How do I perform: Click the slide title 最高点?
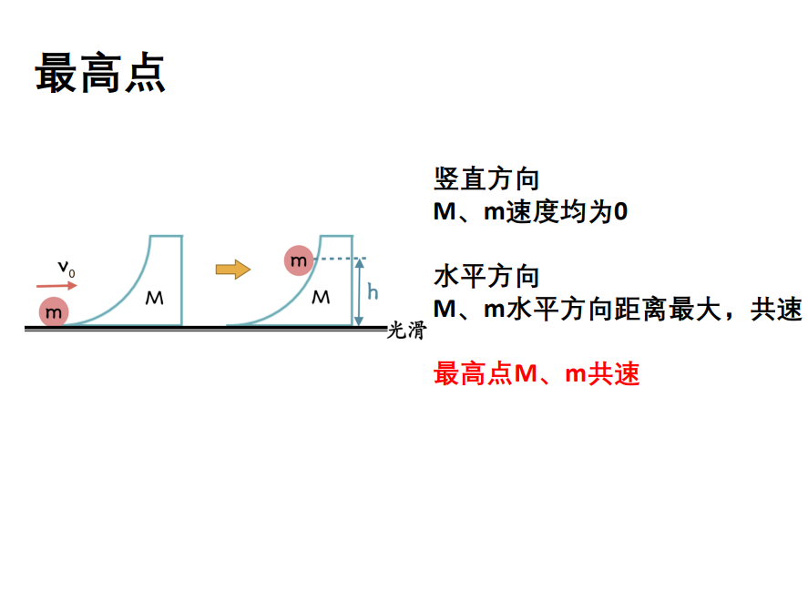click(x=100, y=73)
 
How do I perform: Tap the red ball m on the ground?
click(x=54, y=311)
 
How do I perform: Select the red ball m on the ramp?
click(x=299, y=260)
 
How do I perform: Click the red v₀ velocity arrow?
click(x=56, y=285)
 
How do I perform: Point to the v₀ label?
click(x=66, y=269)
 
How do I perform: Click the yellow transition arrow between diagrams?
click(x=233, y=270)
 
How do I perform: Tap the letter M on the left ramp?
click(x=154, y=298)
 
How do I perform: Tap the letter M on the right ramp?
click(x=321, y=297)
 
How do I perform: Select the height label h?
click(x=373, y=291)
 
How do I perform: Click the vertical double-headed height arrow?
click(x=359, y=292)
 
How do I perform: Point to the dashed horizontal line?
click(x=340, y=258)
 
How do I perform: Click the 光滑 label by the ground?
click(x=406, y=331)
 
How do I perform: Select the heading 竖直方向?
click(x=486, y=179)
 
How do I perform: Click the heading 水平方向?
click(x=486, y=276)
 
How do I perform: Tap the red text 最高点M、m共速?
click(x=537, y=373)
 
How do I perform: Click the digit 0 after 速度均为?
click(x=621, y=211)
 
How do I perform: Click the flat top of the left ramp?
click(x=166, y=236)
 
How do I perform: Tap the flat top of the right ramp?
click(x=336, y=236)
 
